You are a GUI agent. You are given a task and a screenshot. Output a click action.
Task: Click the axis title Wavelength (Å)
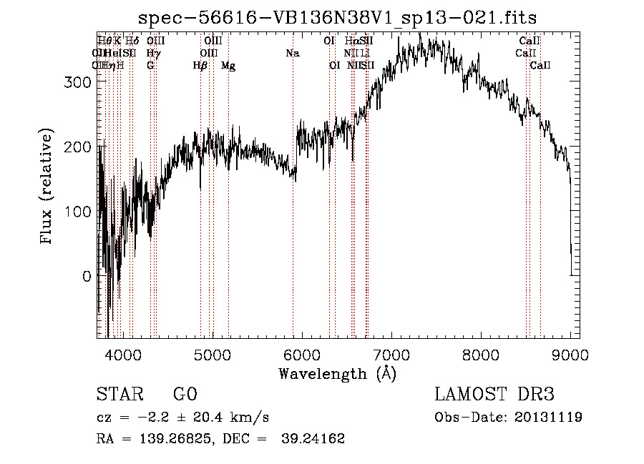point(337,373)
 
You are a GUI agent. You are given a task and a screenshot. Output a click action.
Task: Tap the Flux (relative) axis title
point(47,188)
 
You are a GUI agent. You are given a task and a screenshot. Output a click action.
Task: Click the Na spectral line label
point(292,53)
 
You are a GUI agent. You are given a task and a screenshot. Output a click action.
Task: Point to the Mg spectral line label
point(228,66)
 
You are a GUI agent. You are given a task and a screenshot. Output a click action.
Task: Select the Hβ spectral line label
point(200,66)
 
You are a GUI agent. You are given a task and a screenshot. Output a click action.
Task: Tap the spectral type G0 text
point(185,395)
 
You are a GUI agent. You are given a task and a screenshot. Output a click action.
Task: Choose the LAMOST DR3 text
point(494,395)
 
